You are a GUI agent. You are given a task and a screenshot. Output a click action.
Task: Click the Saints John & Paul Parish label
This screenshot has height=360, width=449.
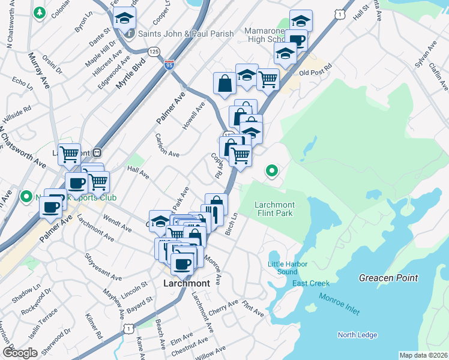tap(185, 34)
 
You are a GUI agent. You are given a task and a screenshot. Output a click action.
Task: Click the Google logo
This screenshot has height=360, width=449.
tap(20, 353)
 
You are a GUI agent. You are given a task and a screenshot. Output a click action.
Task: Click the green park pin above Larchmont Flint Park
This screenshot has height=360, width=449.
tap(272, 171)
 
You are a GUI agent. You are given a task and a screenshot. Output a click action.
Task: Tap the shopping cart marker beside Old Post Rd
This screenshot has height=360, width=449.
tap(268, 79)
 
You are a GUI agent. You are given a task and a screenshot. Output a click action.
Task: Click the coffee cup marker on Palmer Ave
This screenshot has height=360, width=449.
tap(50, 207)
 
